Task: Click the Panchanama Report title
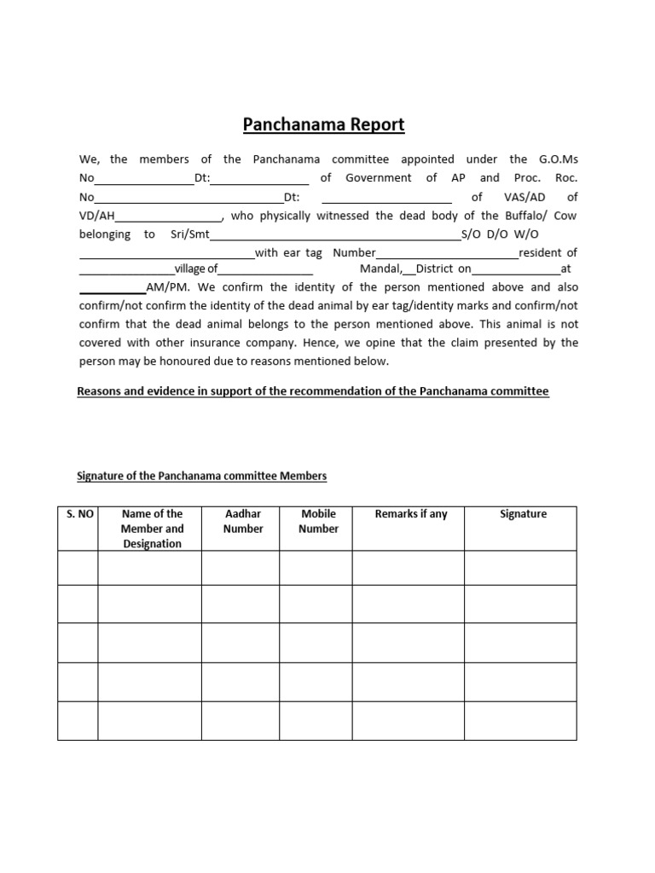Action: tap(324, 125)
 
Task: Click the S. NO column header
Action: tap(78, 514)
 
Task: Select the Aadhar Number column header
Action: tap(242, 521)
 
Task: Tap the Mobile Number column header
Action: tap(318, 521)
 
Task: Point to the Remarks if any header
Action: tap(411, 514)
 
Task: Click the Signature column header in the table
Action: tap(523, 514)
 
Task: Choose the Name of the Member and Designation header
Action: tap(152, 529)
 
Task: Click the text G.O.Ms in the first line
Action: tap(559, 159)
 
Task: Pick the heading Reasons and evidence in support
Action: tap(313, 391)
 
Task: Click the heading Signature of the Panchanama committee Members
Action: tap(202, 476)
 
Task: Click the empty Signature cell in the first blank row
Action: tap(523, 568)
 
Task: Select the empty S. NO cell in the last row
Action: tap(78, 720)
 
